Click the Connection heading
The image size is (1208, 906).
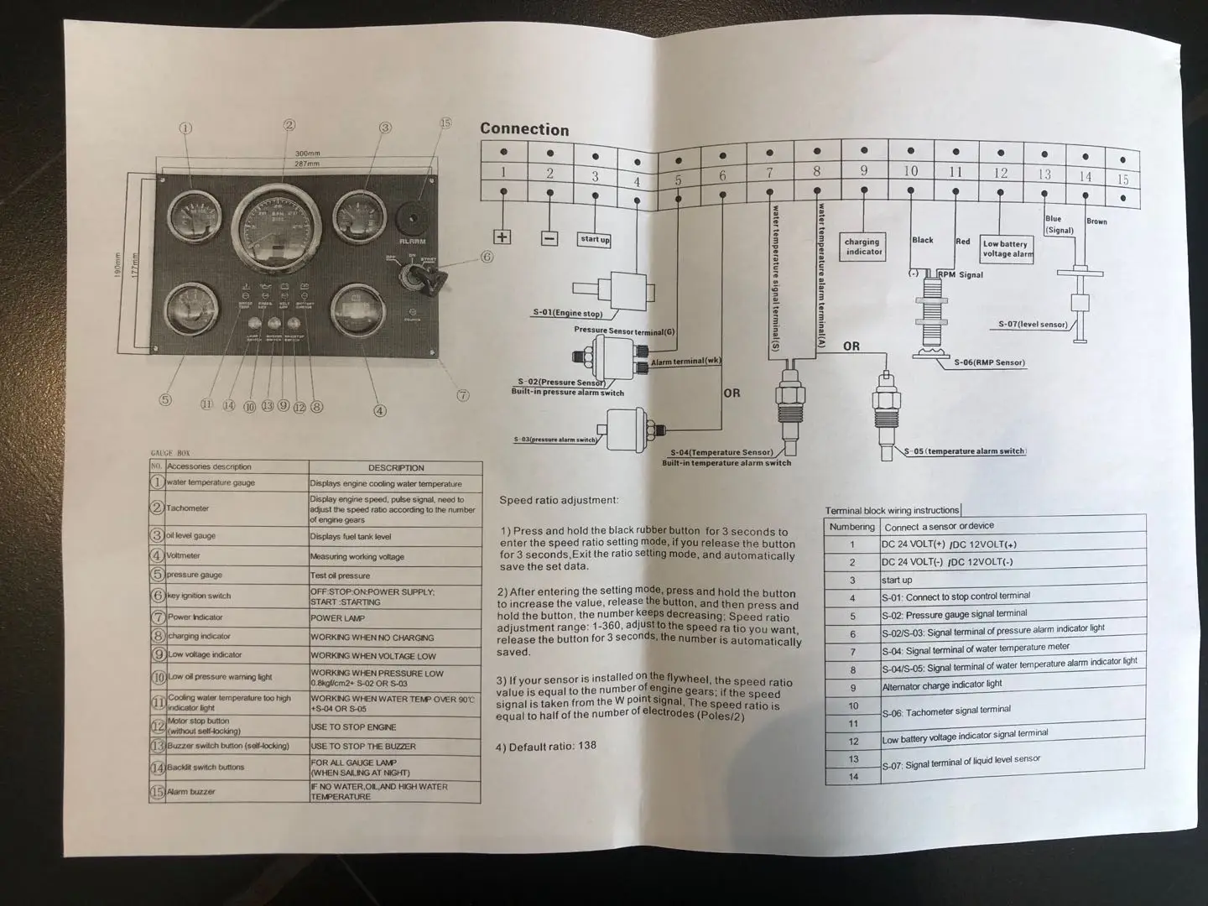tap(524, 129)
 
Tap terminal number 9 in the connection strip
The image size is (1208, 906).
tap(864, 171)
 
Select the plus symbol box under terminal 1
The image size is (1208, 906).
tap(502, 237)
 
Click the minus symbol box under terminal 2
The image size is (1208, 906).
tap(549, 238)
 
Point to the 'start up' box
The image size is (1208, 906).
tap(595, 240)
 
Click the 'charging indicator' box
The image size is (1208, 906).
tap(863, 247)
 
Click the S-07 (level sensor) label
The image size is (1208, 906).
tap(1033, 324)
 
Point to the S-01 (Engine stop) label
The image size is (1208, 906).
tap(568, 314)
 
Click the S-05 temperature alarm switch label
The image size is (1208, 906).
tap(965, 451)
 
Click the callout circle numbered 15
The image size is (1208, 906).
tap(445, 123)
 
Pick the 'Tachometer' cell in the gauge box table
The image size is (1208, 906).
tap(188, 508)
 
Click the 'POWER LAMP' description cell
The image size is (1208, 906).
tap(338, 618)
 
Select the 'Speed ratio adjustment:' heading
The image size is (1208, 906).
tap(559, 500)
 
